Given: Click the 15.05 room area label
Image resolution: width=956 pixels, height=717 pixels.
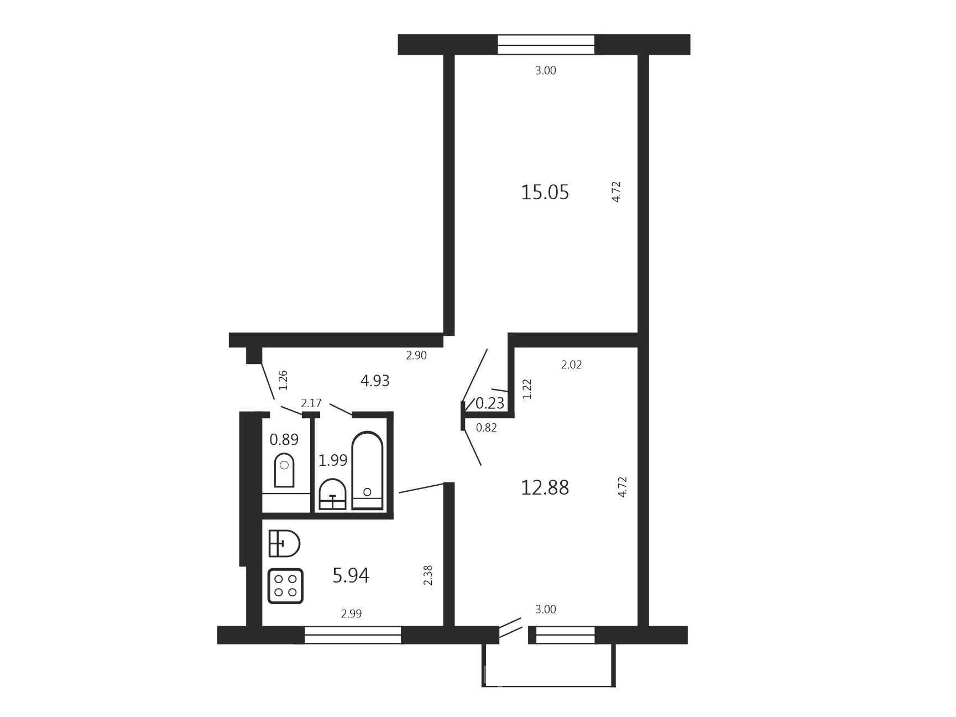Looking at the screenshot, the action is pyautogui.click(x=545, y=193).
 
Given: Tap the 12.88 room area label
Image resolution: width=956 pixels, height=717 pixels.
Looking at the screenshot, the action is pyautogui.click(x=545, y=488).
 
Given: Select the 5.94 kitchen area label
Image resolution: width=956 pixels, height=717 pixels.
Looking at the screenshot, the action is pyautogui.click(x=351, y=576).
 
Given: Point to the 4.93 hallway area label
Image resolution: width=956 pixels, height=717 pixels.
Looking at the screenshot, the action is pyautogui.click(x=375, y=381).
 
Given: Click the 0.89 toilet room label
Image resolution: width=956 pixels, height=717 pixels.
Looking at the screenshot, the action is pyautogui.click(x=284, y=440).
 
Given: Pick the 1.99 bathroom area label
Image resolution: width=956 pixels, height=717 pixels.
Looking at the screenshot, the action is pyautogui.click(x=333, y=460).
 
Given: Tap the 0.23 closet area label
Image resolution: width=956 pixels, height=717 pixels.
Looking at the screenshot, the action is pyautogui.click(x=490, y=403).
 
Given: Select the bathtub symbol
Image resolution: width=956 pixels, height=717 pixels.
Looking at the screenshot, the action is pyautogui.click(x=367, y=470).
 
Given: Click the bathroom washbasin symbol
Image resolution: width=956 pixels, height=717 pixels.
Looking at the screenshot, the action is pyautogui.click(x=333, y=494).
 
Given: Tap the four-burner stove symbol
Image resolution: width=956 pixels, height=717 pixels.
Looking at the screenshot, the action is pyautogui.click(x=285, y=586).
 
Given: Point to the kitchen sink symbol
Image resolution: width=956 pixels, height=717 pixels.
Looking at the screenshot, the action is pyautogui.click(x=284, y=543).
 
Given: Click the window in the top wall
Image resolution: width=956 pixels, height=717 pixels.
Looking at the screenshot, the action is pyautogui.click(x=546, y=45).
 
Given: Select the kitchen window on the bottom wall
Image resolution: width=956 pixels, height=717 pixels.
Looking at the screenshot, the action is pyautogui.click(x=353, y=635).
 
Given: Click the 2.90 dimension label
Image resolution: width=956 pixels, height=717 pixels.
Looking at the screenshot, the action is pyautogui.click(x=416, y=356).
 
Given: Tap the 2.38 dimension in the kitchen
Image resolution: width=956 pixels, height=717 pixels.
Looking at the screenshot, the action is pyautogui.click(x=428, y=575).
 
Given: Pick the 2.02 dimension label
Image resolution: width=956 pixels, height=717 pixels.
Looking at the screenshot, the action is pyautogui.click(x=571, y=365).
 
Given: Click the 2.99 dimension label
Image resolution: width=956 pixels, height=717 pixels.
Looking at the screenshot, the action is pyautogui.click(x=351, y=614).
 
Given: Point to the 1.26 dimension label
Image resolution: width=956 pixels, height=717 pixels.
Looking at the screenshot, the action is pyautogui.click(x=283, y=380).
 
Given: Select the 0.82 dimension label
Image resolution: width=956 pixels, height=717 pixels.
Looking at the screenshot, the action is pyautogui.click(x=487, y=427).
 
